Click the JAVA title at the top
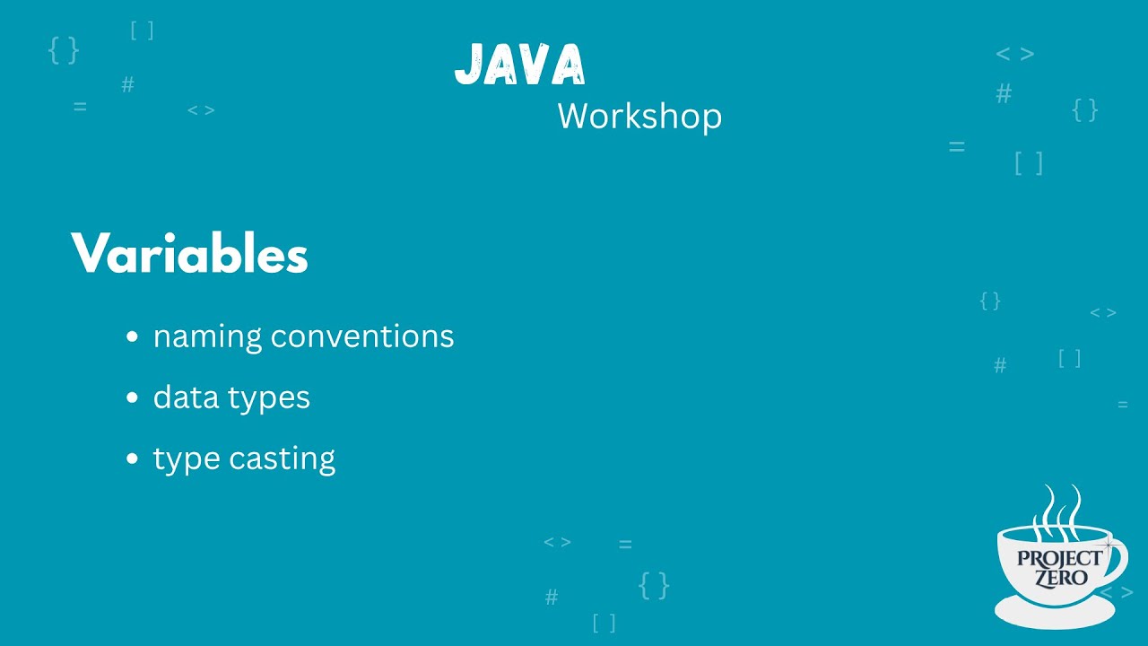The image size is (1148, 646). pos(520,65)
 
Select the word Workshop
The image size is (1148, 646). pos(639,117)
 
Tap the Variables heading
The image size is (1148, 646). pos(189,254)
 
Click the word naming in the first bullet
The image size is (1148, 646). pos(208,337)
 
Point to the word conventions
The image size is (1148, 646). pos(362,336)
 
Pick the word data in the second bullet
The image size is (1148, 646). pos(180,397)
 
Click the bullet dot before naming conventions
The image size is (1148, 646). pos(133,337)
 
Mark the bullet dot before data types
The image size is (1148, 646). pos(133,397)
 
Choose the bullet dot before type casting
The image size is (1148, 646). pos(133,458)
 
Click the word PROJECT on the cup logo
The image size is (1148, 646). pos(1059,559)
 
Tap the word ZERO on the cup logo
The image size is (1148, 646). pos(1060,578)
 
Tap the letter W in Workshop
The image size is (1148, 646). pos(572,117)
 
